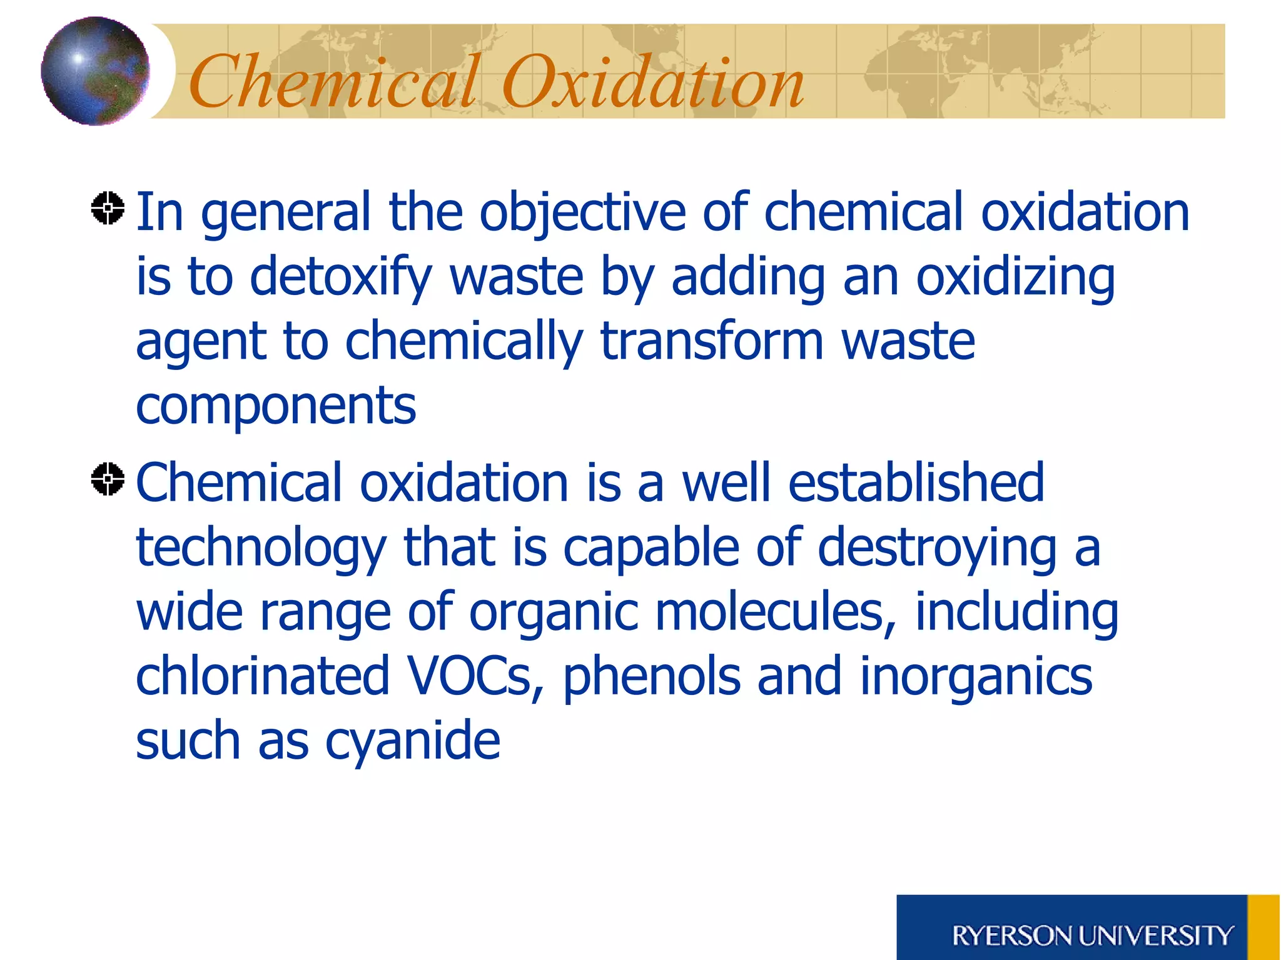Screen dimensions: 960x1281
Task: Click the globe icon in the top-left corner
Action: pos(95,71)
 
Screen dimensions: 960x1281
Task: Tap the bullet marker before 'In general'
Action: pos(108,207)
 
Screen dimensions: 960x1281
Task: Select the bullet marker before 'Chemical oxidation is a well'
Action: pos(108,479)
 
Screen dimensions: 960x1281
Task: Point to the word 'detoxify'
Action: pos(341,277)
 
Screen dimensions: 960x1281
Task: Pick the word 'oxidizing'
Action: pos(1015,277)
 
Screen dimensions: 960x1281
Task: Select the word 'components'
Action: pos(276,406)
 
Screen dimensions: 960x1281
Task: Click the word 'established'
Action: pos(916,482)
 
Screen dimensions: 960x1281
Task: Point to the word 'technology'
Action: pos(261,548)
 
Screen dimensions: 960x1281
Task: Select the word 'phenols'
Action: pos(651,677)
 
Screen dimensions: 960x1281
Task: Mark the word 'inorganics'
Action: pos(976,677)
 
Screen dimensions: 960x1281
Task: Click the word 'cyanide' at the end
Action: pos(412,742)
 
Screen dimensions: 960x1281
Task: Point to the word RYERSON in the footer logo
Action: pos(1011,936)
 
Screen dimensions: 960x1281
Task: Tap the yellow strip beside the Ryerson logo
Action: pos(1263,927)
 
